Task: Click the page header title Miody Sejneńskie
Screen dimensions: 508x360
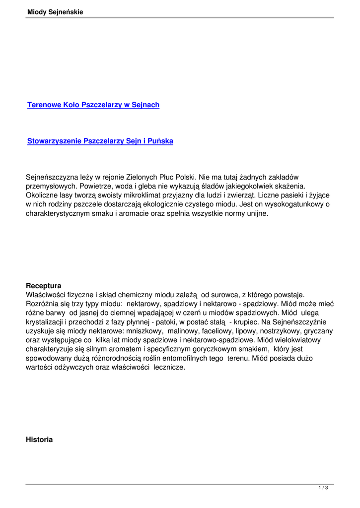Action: tap(56, 12)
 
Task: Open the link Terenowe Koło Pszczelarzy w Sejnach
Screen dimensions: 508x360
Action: tap(93, 105)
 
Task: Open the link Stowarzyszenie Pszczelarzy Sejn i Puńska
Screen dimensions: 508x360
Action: tap(100, 141)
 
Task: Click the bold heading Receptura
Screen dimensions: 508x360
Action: tap(44, 286)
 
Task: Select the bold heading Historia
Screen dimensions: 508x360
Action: tap(39, 440)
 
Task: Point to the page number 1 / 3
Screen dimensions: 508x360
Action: tap(323, 488)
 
